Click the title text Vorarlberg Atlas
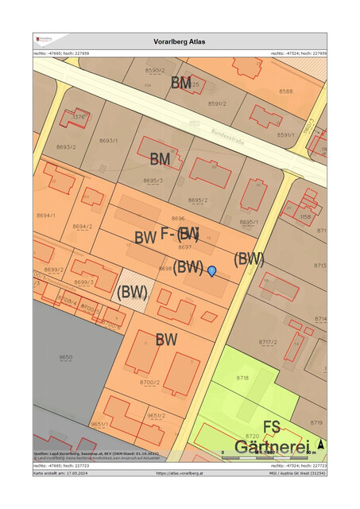(180, 41)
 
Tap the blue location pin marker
(212, 271)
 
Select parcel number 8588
(285, 91)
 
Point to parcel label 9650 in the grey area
(65, 358)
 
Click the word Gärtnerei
(270, 447)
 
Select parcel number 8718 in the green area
(242, 378)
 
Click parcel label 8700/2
(150, 383)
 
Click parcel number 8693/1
(109, 141)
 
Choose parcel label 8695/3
(153, 181)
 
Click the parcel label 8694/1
(45, 216)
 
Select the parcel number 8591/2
(217, 103)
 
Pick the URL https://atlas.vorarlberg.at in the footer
(180, 473)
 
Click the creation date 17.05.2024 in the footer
(81, 473)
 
